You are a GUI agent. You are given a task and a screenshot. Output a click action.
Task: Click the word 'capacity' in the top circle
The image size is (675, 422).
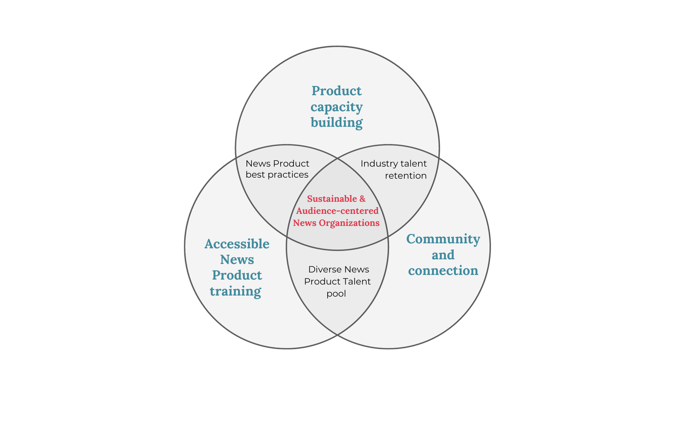click(336, 107)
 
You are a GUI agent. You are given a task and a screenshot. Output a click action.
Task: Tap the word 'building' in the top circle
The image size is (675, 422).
click(336, 123)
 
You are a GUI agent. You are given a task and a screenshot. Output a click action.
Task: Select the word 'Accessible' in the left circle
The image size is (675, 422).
click(237, 244)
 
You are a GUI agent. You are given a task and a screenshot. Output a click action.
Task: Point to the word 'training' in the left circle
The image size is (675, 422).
click(236, 291)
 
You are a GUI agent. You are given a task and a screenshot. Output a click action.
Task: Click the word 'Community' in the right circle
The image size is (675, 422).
click(443, 239)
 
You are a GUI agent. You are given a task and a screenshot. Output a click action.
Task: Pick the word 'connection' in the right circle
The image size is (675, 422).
click(443, 271)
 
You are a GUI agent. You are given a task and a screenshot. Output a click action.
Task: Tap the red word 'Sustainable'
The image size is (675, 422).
click(332, 199)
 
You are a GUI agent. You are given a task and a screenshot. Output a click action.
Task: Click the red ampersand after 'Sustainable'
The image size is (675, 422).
click(362, 199)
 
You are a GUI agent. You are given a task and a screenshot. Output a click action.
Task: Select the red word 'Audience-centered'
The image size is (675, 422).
click(337, 211)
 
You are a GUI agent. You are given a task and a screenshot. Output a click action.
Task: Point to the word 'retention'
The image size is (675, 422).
click(406, 176)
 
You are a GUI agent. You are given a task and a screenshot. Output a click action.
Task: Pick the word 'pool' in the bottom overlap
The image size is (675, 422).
click(336, 294)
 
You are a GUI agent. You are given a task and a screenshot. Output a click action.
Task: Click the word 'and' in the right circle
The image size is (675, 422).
click(443, 255)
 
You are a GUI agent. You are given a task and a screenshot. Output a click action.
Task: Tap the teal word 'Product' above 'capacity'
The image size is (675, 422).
click(336, 91)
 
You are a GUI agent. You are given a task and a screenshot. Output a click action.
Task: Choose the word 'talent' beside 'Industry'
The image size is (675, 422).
click(414, 164)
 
